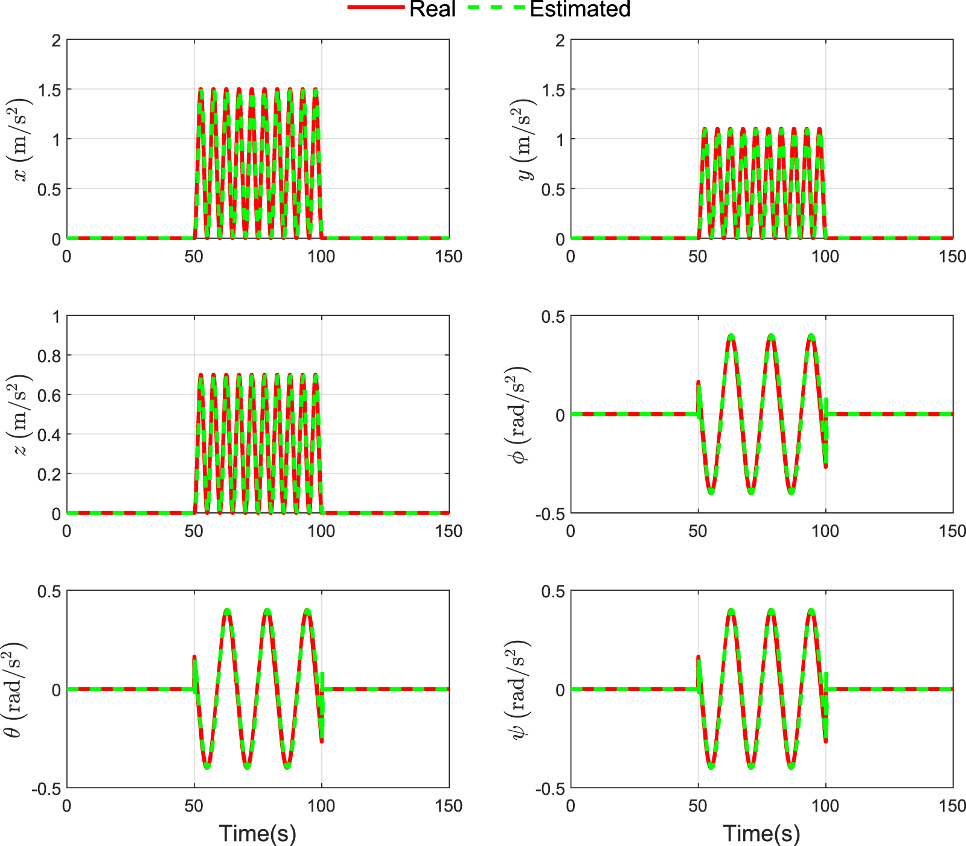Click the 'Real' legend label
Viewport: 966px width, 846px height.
click(432, 9)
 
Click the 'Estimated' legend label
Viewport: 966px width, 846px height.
click(580, 9)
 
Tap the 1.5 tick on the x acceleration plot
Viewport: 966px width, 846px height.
click(50, 90)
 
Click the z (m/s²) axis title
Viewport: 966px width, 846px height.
click(19, 415)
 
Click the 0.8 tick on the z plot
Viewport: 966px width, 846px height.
click(50, 356)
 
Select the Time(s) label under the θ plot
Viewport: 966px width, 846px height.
click(258, 833)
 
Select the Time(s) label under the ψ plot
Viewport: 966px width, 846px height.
click(762, 833)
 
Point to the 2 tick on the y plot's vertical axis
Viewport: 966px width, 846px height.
click(560, 40)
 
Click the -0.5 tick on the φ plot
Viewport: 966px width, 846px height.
click(550, 514)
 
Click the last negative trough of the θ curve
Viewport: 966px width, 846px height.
click(287, 766)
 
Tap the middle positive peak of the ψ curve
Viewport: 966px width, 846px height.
click(772, 611)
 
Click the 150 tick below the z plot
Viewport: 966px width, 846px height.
click(449, 531)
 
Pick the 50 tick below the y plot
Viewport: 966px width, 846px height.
click(698, 256)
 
